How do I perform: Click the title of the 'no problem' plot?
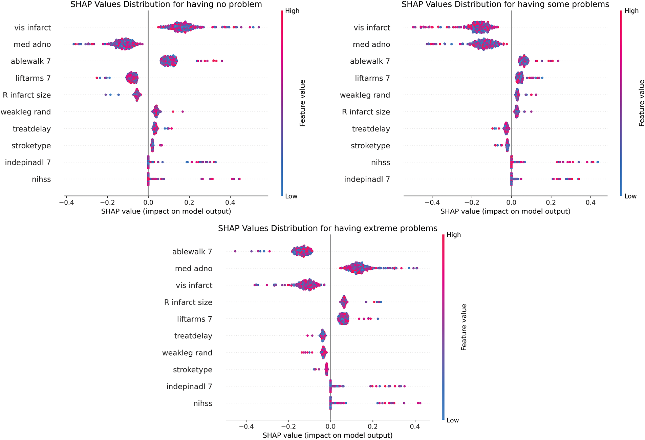(x=166, y=5)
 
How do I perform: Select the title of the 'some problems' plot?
(x=505, y=5)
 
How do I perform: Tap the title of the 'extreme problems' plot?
(x=327, y=229)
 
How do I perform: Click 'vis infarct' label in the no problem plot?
(x=33, y=28)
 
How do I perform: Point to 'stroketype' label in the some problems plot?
(x=370, y=146)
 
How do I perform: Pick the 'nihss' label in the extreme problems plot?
(x=203, y=403)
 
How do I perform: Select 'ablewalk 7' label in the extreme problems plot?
(x=192, y=252)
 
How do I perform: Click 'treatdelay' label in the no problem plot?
(x=31, y=129)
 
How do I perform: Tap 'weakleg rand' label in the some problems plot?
(x=365, y=95)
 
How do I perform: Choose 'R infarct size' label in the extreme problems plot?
(x=188, y=302)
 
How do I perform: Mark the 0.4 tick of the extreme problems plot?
(x=415, y=426)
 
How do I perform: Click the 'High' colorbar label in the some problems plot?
(x=631, y=11)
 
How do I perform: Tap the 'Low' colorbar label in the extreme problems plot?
(x=453, y=420)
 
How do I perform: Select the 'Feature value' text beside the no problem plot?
(x=303, y=103)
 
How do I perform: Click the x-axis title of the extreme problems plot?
(x=327, y=435)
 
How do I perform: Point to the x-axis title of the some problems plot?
(x=505, y=211)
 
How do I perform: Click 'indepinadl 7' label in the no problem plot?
(x=28, y=163)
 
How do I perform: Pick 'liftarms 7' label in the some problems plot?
(x=372, y=78)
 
